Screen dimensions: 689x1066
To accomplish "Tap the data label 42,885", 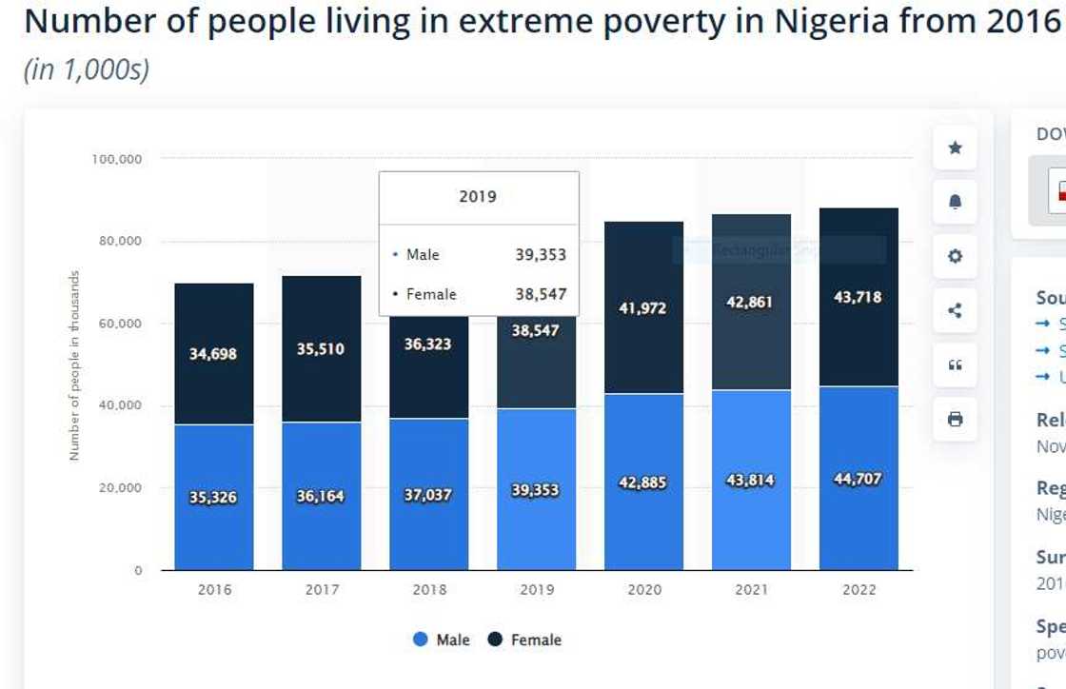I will tap(643, 482).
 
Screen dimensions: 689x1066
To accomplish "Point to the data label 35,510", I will tap(322, 349).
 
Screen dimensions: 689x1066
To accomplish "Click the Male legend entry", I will tap(442, 640).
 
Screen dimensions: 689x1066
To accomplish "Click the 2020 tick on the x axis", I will tap(644, 590).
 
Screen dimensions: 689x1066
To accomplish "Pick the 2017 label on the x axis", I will tap(322, 590).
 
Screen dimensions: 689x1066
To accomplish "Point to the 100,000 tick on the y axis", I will tap(117, 159).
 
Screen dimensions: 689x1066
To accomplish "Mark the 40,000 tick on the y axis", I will tap(120, 405).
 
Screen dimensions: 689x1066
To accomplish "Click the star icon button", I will tap(955, 148).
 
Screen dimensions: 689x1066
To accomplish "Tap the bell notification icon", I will tap(955, 202).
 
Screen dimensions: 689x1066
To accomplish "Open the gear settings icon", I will tap(955, 256).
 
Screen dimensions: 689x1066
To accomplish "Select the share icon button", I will tap(955, 310).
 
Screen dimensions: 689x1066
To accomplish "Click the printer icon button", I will tap(955, 419).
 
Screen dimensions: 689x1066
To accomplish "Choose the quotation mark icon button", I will tap(955, 364).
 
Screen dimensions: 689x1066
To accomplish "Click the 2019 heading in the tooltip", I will tap(478, 197).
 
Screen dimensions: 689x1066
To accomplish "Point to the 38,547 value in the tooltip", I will tap(541, 294).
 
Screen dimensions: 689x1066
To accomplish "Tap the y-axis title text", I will tap(74, 365).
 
